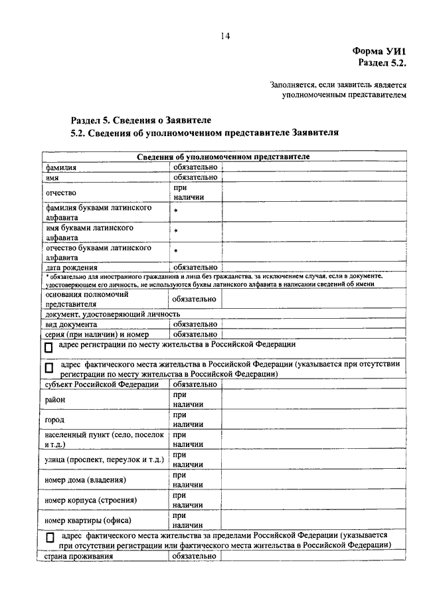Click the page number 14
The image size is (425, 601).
[x=225, y=37]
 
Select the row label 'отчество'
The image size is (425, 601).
[x=60, y=193]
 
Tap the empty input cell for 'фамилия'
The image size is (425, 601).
[x=312, y=168]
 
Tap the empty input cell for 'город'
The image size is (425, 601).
[x=312, y=420]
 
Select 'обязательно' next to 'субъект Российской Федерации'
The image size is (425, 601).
[x=195, y=384]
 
